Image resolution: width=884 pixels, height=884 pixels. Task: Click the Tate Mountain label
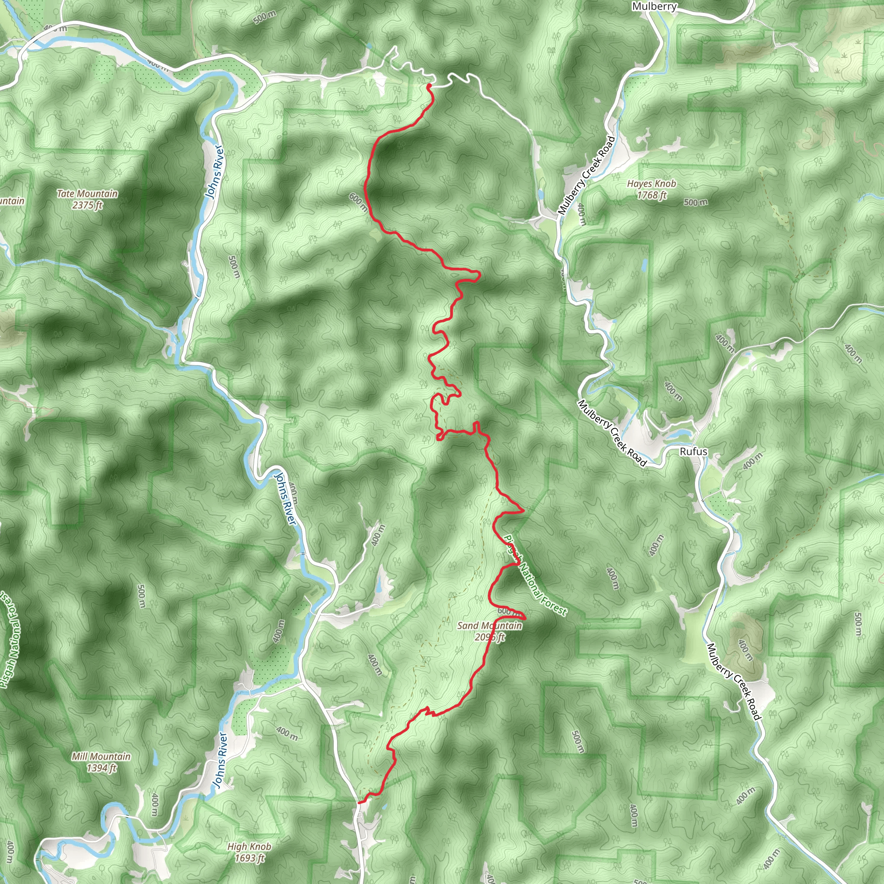click(87, 194)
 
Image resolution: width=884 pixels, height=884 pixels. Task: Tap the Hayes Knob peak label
click(651, 184)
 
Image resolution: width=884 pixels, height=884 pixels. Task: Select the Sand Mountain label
click(489, 625)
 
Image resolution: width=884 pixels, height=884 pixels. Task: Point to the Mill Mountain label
click(101, 757)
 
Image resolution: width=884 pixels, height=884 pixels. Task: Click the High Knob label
click(249, 847)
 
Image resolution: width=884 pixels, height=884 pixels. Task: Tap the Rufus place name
click(693, 451)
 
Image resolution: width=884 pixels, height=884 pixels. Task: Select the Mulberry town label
click(654, 6)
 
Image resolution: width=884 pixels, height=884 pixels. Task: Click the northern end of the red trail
click(429, 85)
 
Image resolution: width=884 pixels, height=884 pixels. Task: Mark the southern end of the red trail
click(359, 802)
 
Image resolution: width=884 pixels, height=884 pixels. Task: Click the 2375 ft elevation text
click(87, 205)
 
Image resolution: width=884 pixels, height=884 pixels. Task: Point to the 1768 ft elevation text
click(651, 196)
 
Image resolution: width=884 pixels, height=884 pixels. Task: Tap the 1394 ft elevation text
click(101, 768)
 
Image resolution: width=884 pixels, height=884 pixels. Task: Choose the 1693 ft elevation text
click(249, 859)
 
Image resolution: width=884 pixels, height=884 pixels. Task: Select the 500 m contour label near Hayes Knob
click(695, 202)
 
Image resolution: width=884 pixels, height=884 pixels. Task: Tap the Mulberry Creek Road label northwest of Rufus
click(612, 433)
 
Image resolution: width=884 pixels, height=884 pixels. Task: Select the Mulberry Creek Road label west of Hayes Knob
click(587, 175)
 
